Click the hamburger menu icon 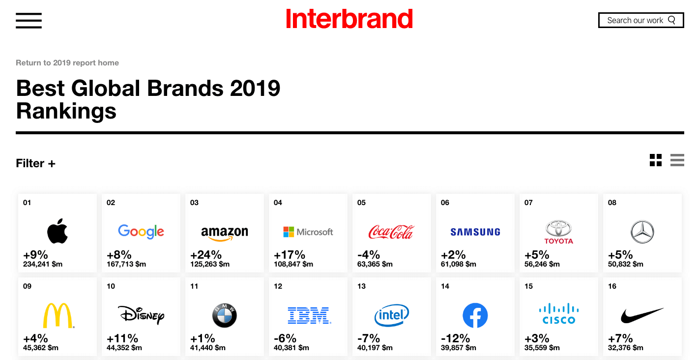pyautogui.click(x=29, y=21)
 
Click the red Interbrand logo pyautogui.click(x=349, y=19)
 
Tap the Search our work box pyautogui.click(x=640, y=20)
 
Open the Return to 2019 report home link pyautogui.click(x=67, y=62)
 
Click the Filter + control pyautogui.click(x=35, y=163)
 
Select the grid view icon pyautogui.click(x=656, y=160)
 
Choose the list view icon pyautogui.click(x=677, y=160)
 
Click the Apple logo pyautogui.click(x=57, y=231)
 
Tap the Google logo pyautogui.click(x=141, y=232)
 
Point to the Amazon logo pyautogui.click(x=224, y=234)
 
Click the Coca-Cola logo pyautogui.click(x=391, y=232)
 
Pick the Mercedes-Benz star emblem pyautogui.click(x=642, y=232)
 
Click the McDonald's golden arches pyautogui.click(x=58, y=315)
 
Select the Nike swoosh pyautogui.click(x=642, y=315)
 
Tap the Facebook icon pyautogui.click(x=475, y=315)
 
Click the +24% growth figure pyautogui.click(x=205, y=255)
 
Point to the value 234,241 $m pyautogui.click(x=43, y=265)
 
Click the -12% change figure pyautogui.click(x=455, y=338)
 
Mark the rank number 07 pyautogui.click(x=528, y=203)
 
